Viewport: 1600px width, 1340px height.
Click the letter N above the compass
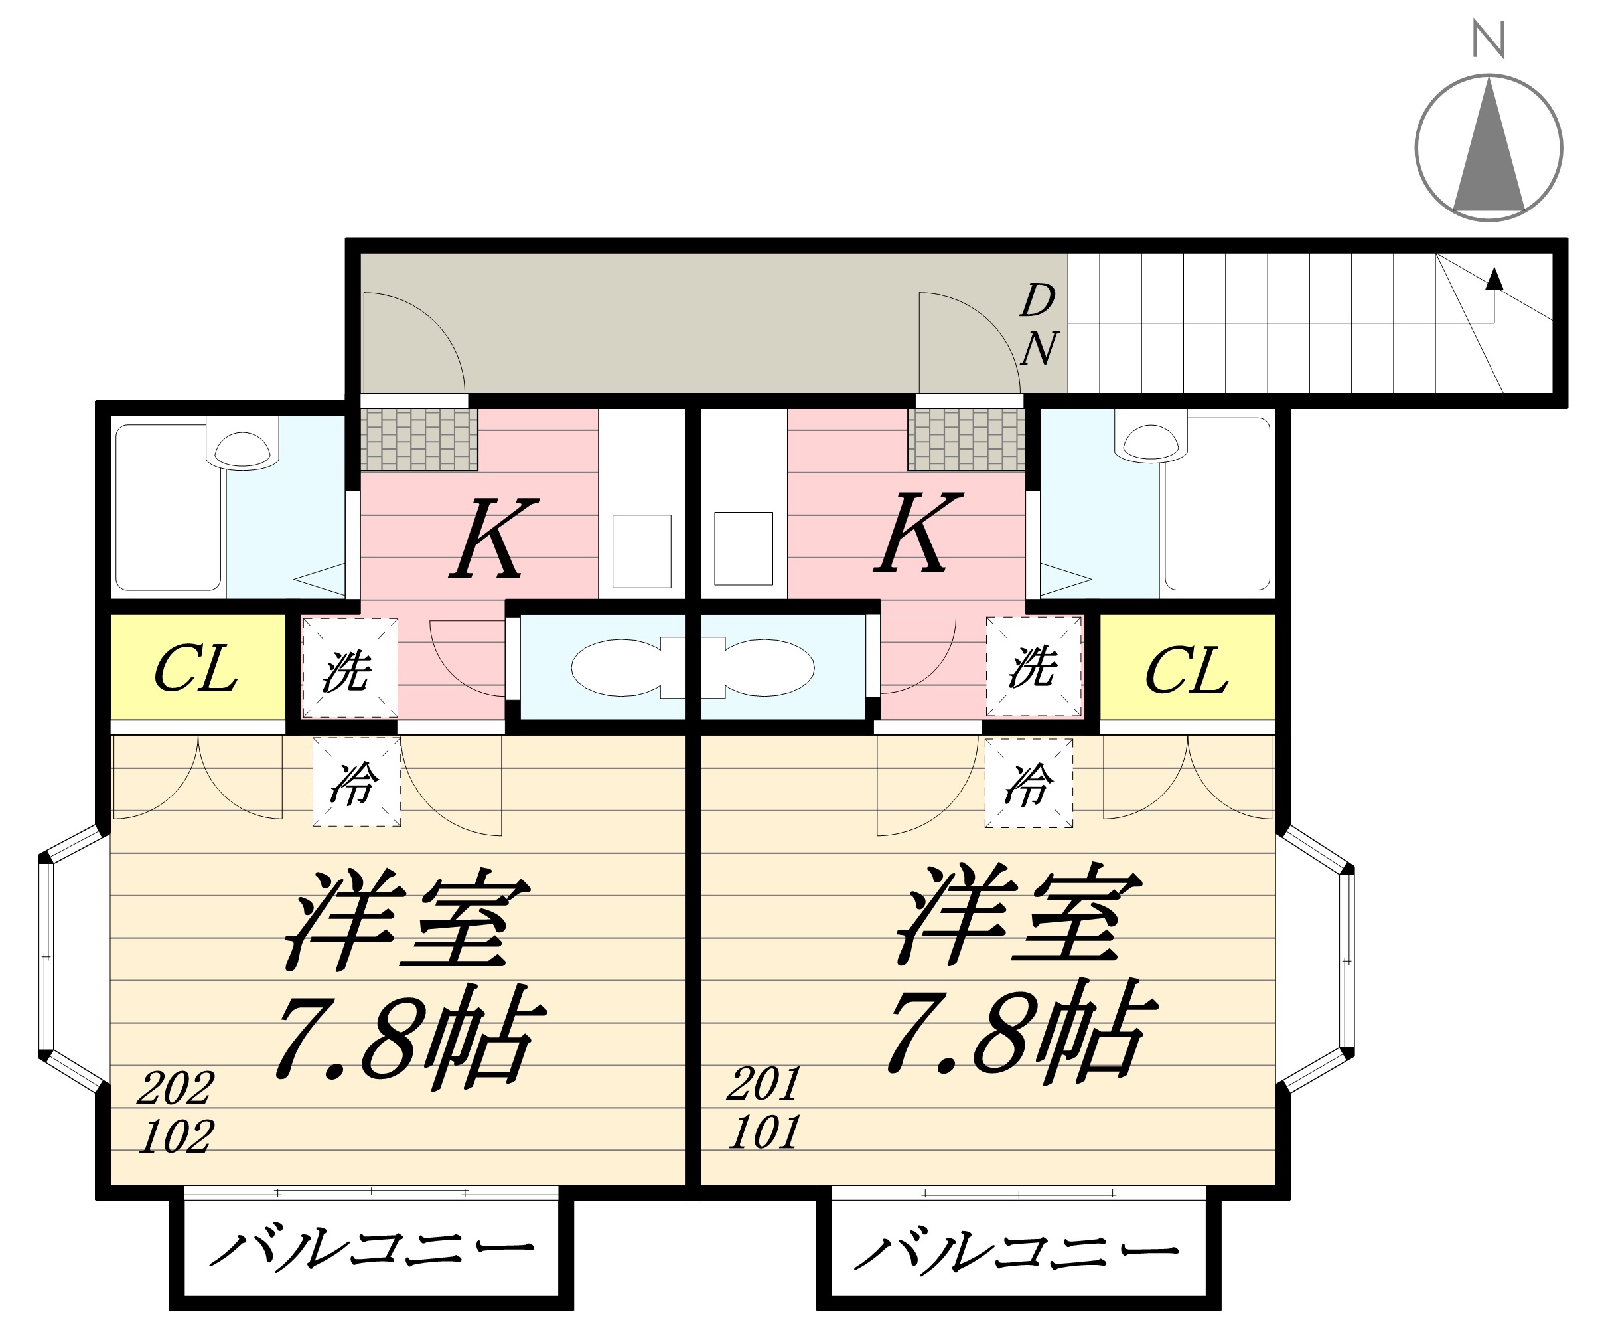pos(1488,40)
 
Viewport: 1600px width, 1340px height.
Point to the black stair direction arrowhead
pos(1494,279)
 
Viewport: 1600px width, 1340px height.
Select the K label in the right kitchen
pos(917,534)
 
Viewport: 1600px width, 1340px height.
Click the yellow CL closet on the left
pos(197,669)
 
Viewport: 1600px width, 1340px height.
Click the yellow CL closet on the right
pos(1187,669)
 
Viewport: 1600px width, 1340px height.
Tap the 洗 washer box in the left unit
pos(350,669)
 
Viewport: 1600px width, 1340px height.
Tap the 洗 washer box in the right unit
pos(1034,666)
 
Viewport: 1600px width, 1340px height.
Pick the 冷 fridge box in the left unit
pos(356,782)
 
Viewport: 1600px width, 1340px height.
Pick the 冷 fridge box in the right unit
pos(1029,783)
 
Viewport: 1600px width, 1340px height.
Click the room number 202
pos(175,1088)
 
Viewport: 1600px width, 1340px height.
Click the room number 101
pos(764,1132)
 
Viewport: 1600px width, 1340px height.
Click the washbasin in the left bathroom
pos(242,449)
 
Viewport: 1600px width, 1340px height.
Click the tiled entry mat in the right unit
pos(966,440)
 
